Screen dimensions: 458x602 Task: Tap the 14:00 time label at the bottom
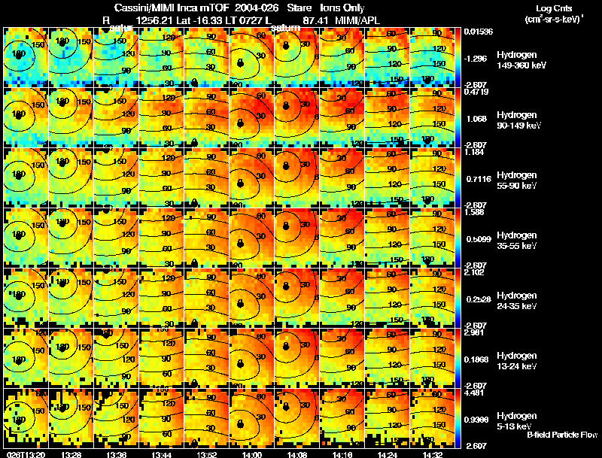251,454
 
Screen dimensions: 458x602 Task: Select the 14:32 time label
432,454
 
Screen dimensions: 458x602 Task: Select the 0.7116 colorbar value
478,180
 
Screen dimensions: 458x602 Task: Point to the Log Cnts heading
553,8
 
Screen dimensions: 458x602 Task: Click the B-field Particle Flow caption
561,435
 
